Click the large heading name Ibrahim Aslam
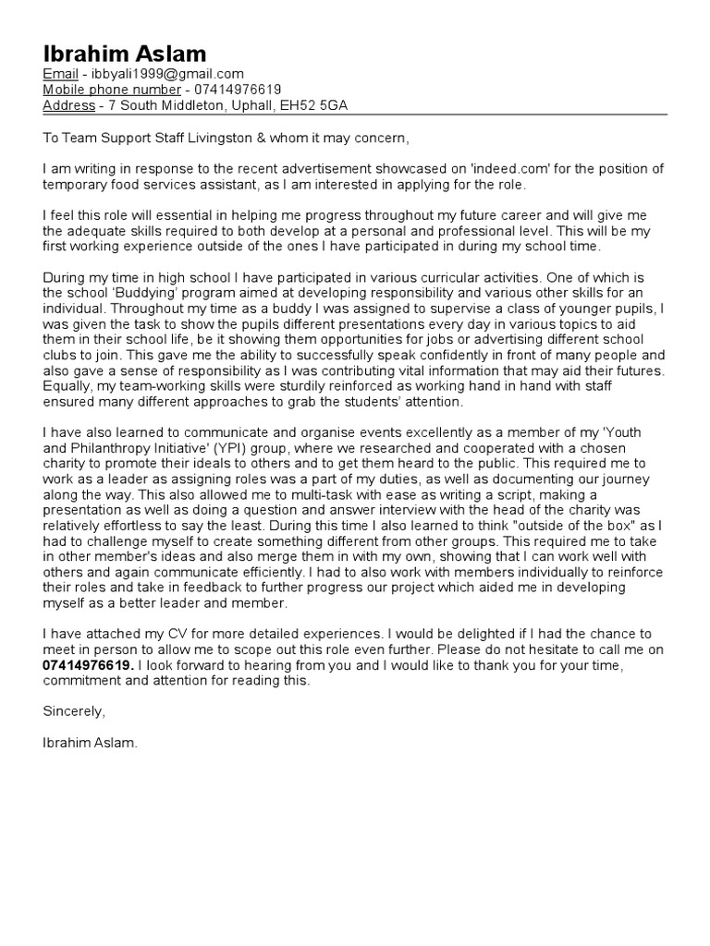pos(125,53)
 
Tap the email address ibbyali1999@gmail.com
pos(167,75)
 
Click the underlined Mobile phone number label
pos(112,91)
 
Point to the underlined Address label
pos(70,106)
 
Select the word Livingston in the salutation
pos(215,139)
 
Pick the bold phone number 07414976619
pos(88,665)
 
